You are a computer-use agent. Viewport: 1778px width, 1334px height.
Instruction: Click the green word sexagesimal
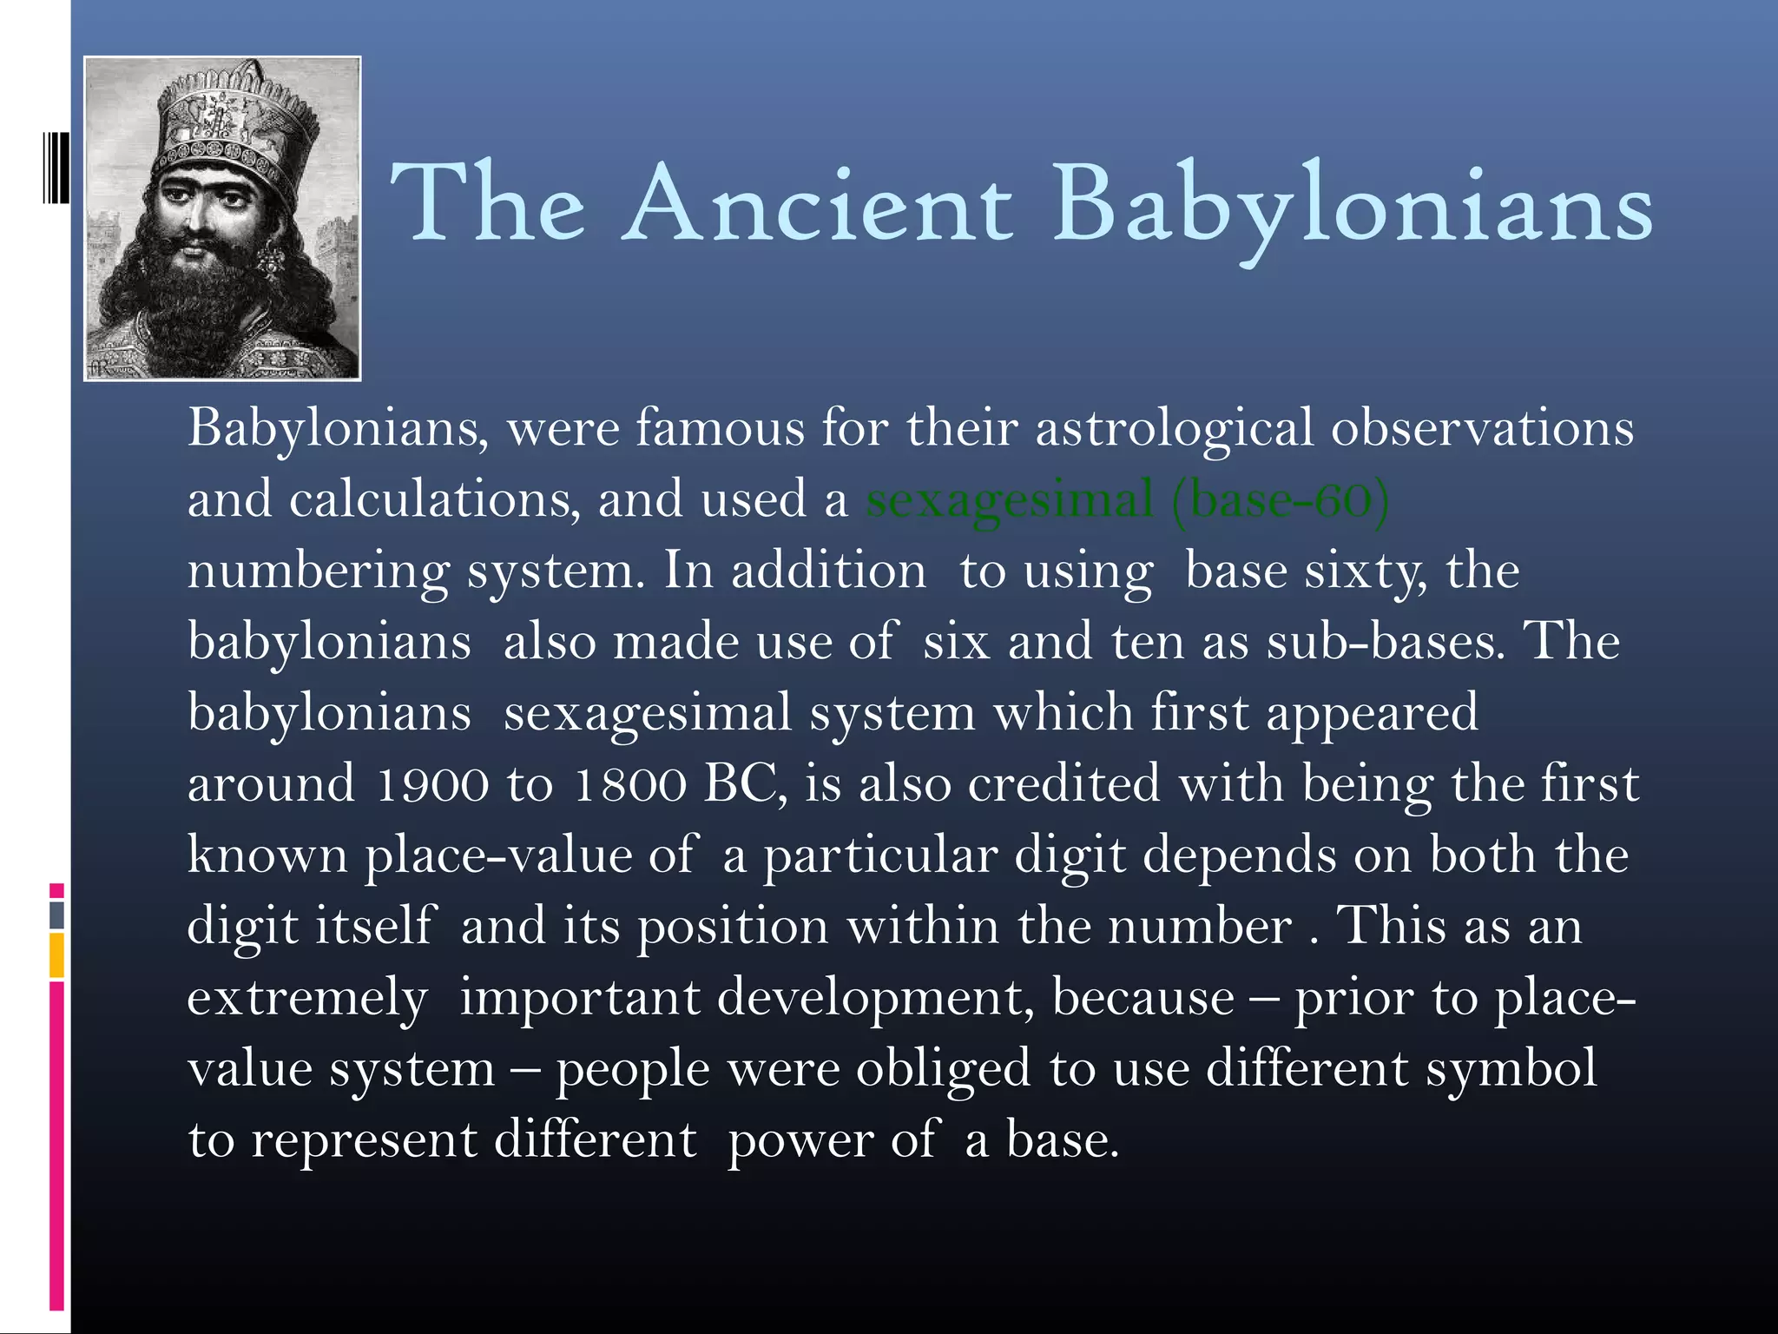pos(1010,500)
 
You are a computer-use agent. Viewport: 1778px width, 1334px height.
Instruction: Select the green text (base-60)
pos(1281,500)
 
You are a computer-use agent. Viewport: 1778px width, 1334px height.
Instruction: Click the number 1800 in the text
pos(630,784)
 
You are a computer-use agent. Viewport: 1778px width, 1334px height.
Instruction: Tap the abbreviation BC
pos(745,784)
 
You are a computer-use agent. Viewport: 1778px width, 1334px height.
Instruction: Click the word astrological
pos(1175,429)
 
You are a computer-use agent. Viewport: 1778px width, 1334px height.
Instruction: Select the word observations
pos(1482,429)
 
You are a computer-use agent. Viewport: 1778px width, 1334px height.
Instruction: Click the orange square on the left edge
pos(56,954)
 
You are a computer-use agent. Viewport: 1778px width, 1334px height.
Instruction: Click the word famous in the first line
pos(721,429)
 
